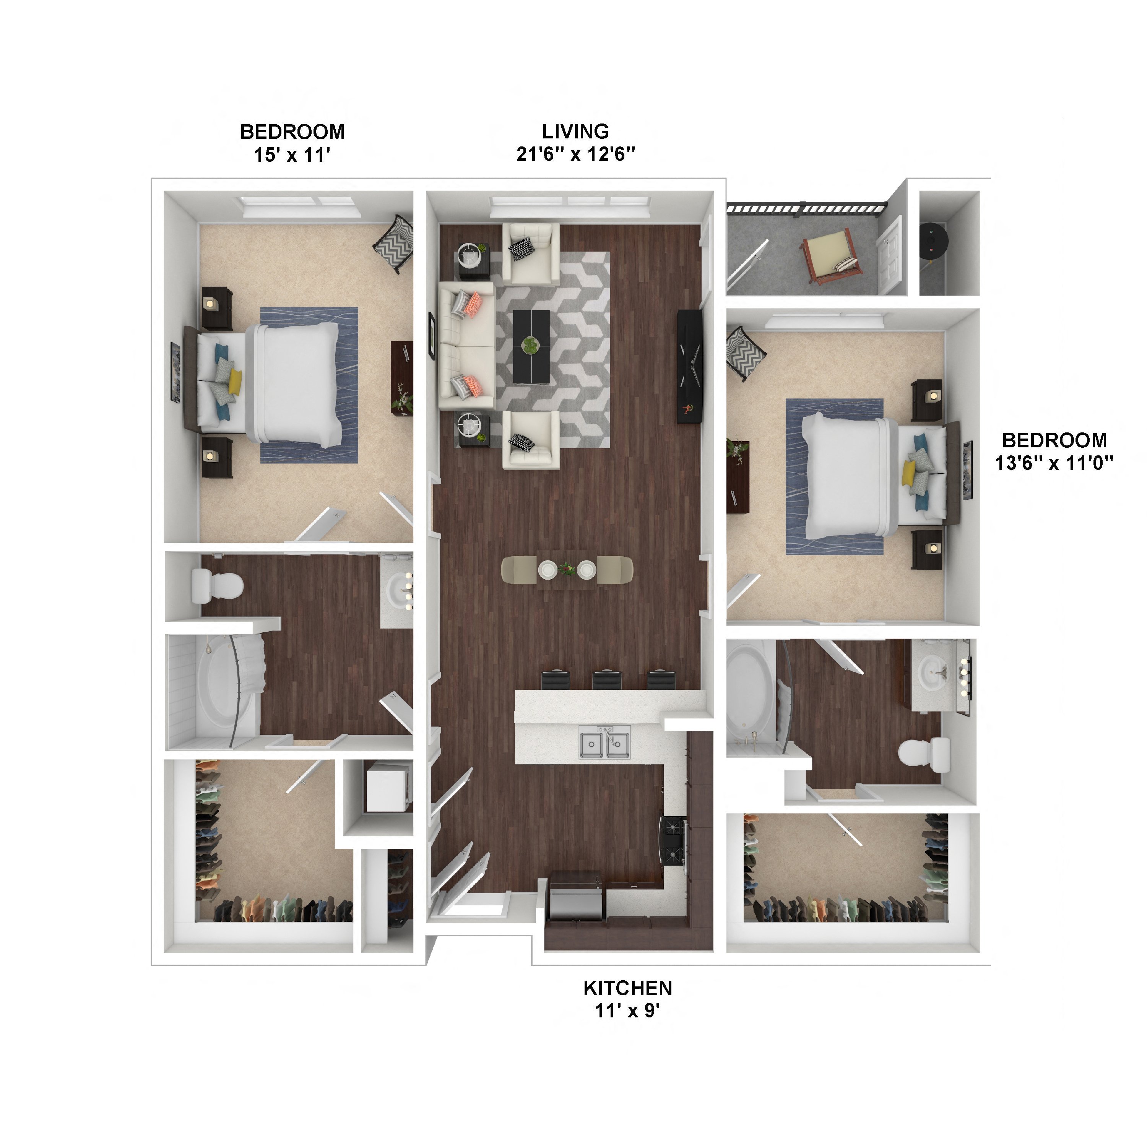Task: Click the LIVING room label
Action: pyautogui.click(x=575, y=131)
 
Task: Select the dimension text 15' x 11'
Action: pyautogui.click(x=292, y=155)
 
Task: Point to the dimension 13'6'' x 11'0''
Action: pyautogui.click(x=1054, y=463)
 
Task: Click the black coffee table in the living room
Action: pyautogui.click(x=531, y=347)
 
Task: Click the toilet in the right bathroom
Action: pyautogui.click(x=923, y=755)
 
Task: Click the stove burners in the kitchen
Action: pyautogui.click(x=673, y=841)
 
